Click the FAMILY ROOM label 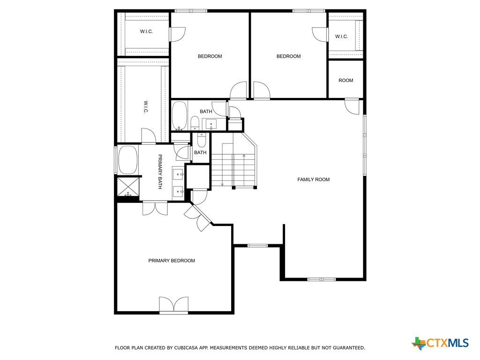[x=314, y=180]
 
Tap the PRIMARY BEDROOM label [x=172, y=261]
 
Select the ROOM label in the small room [x=345, y=80]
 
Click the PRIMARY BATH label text [x=160, y=172]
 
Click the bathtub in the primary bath [x=127, y=160]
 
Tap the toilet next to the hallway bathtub [x=195, y=123]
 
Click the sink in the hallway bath [x=211, y=124]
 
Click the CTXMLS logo [x=440, y=343]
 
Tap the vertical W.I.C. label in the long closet [x=146, y=107]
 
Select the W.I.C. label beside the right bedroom [x=341, y=37]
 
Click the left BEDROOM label [x=210, y=56]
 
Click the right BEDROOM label [x=288, y=56]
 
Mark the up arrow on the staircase [x=244, y=170]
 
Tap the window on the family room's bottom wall [x=322, y=279]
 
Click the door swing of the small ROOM [x=352, y=106]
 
